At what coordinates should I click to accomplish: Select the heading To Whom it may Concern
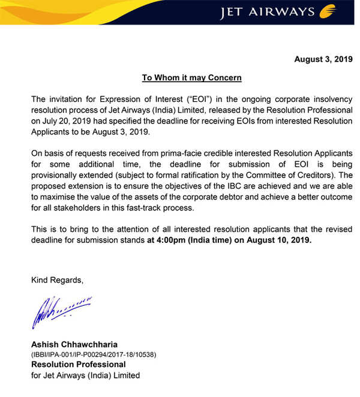[x=191, y=78]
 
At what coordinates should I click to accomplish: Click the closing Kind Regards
[x=57, y=279]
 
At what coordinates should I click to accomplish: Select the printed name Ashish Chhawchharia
[x=74, y=344]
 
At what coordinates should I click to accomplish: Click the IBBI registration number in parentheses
[x=94, y=354]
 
